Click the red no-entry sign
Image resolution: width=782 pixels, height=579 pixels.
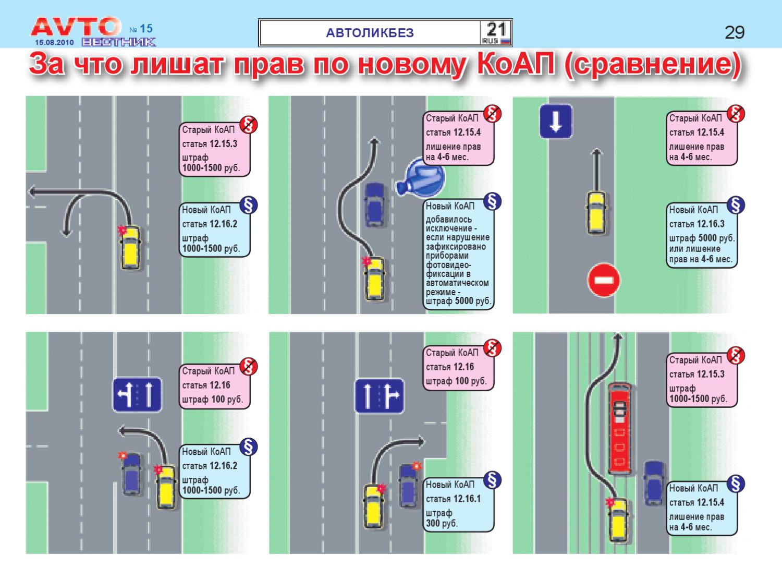tap(604, 280)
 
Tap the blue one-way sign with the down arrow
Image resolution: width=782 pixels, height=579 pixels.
tap(556, 122)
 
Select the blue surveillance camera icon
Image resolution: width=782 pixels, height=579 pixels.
tap(421, 177)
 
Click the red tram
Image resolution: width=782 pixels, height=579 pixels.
tap(619, 428)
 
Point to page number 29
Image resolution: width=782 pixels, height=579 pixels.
tap(735, 32)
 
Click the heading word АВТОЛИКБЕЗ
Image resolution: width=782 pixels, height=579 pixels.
tap(370, 33)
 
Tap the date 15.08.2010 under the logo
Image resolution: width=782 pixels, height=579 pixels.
tap(54, 42)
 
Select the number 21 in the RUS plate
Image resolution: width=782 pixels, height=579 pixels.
tap(496, 29)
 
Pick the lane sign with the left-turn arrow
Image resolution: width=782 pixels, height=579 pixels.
tap(137, 394)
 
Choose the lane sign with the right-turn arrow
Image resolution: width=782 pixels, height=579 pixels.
tap(380, 395)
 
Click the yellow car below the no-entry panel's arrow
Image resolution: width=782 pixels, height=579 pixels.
tap(596, 212)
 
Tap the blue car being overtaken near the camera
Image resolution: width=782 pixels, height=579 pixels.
tap(375, 204)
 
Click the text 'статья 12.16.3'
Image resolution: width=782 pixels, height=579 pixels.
tap(697, 224)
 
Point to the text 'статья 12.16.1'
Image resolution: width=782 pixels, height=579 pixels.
tap(453, 499)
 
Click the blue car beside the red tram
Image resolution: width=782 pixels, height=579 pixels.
tap(654, 483)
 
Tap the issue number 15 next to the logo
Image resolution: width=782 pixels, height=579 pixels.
tap(146, 28)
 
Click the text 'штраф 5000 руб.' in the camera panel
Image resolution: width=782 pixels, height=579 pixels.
tap(458, 301)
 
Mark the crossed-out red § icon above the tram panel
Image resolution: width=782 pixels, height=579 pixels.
tap(736, 355)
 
